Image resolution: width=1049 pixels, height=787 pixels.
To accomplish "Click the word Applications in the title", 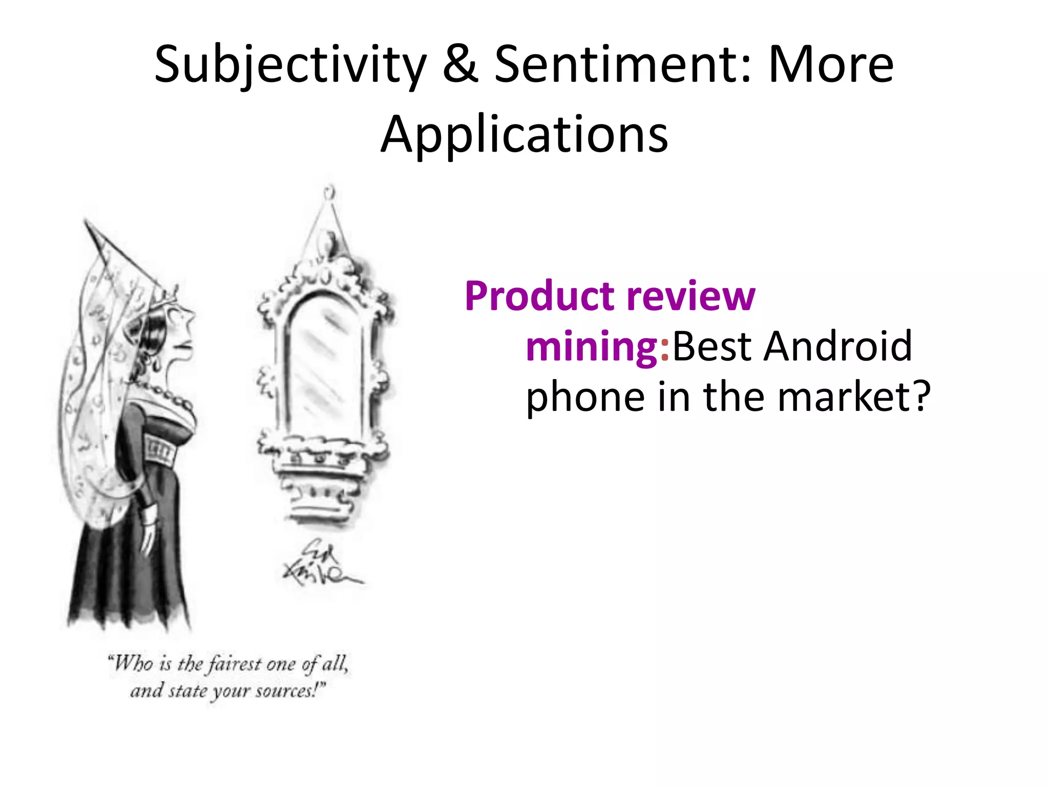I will point(524,134).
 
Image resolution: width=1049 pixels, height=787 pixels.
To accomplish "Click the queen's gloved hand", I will point(149,533).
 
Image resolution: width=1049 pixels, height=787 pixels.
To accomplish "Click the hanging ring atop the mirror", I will point(329,193).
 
